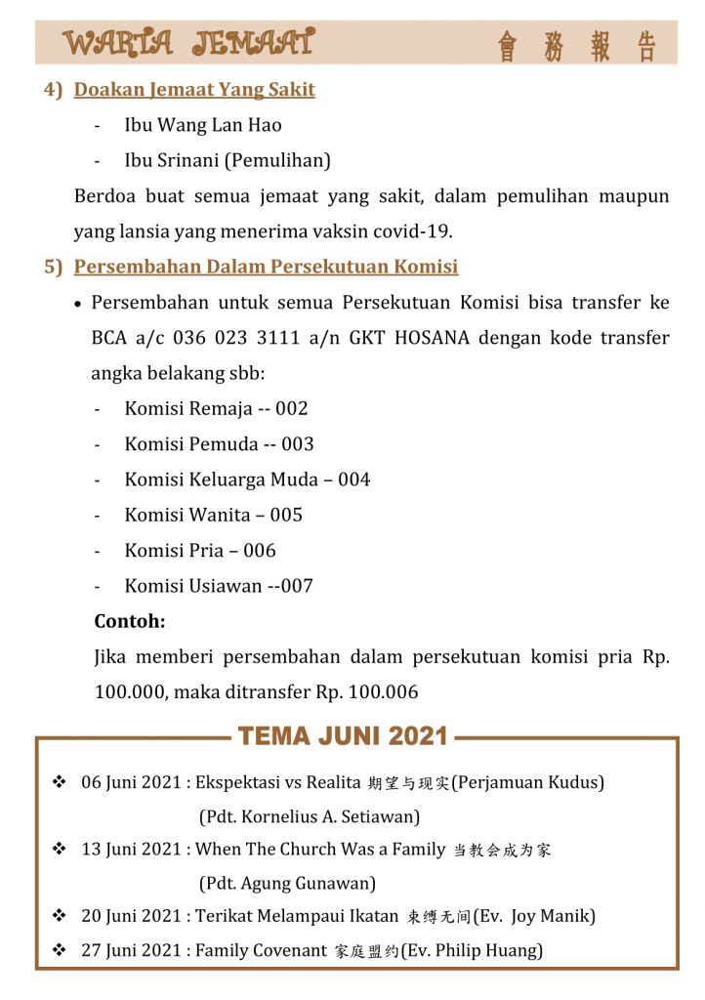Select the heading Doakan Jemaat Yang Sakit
pyautogui.click(x=194, y=90)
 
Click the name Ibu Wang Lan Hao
pyautogui.click(x=203, y=125)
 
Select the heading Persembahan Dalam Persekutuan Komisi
pyautogui.click(x=266, y=267)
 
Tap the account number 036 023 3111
pyautogui.click(x=240, y=338)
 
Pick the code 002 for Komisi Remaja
pyautogui.click(x=291, y=408)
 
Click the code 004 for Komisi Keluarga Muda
pyautogui.click(x=353, y=479)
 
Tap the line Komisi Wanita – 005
pyautogui.click(x=213, y=515)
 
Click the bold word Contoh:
pyautogui.click(x=130, y=621)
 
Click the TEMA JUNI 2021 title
pyautogui.click(x=343, y=735)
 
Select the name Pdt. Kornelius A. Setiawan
pyautogui.click(x=309, y=816)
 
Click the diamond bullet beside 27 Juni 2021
pyautogui.click(x=59, y=949)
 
